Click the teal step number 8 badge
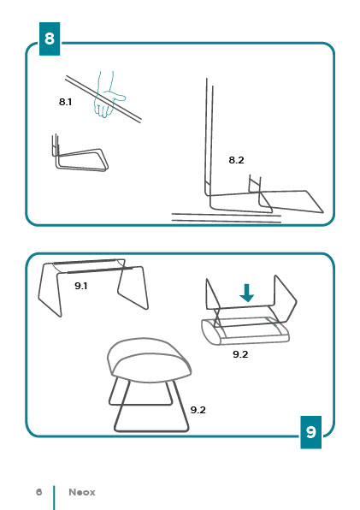pyautogui.click(x=50, y=39)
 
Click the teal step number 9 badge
pyautogui.click(x=311, y=432)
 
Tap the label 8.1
pyautogui.click(x=65, y=102)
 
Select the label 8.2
pyautogui.click(x=236, y=160)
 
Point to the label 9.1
pyautogui.click(x=81, y=286)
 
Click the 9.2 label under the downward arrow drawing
pyautogui.click(x=240, y=354)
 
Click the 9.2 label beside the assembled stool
pyautogui.click(x=198, y=410)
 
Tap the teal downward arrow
pyautogui.click(x=246, y=293)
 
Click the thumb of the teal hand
pyautogui.click(x=119, y=97)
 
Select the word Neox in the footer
pyautogui.click(x=82, y=492)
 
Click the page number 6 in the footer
pyautogui.click(x=39, y=492)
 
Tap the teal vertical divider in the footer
pyautogui.click(x=54, y=498)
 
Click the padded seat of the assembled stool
pyautogui.click(x=149, y=360)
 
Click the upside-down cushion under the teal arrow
pyautogui.click(x=245, y=332)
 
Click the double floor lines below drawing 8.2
pyautogui.click(x=226, y=218)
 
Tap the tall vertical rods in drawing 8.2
pyautogui.click(x=210, y=137)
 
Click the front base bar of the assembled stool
pyautogui.click(x=151, y=430)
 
